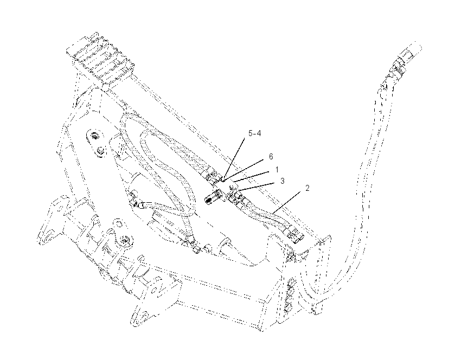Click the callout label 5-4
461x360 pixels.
(254, 133)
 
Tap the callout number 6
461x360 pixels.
(271, 157)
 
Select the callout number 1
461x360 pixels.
(277, 170)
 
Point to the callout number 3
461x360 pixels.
(283, 181)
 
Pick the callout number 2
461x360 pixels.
(307, 188)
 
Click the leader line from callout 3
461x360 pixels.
(258, 188)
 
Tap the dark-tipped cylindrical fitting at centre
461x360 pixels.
(213, 196)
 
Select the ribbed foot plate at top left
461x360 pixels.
(100, 59)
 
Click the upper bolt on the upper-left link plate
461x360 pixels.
(95, 136)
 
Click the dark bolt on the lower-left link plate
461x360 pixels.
(125, 240)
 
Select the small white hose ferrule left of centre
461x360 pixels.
(142, 205)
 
